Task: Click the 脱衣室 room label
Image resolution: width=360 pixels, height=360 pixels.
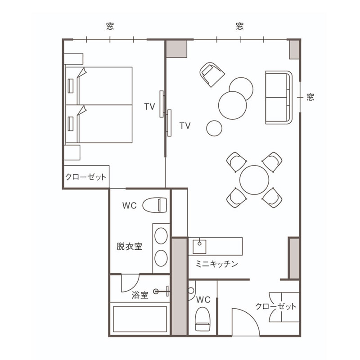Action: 129,247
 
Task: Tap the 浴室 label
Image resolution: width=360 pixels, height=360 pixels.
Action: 140,295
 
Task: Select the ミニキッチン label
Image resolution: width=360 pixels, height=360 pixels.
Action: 217,264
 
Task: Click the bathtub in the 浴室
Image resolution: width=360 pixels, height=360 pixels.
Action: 140,319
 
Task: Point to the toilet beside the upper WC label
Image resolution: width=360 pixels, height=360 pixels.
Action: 155,205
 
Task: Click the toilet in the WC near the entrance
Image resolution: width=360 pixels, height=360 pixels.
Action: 202,319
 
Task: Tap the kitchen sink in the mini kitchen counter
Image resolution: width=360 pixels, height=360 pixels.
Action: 199,246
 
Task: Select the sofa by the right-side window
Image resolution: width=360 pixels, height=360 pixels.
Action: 279,98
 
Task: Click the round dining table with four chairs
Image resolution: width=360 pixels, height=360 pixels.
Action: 254,180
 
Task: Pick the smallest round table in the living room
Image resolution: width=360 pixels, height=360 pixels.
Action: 214,128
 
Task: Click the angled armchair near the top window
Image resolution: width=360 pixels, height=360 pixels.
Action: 212,74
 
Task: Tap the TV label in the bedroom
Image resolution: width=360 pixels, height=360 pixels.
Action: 149,107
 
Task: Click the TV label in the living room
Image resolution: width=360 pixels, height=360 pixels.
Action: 185,126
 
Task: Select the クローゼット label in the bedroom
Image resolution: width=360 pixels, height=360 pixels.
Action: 86,177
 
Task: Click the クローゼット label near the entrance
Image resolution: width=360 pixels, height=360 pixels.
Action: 276,306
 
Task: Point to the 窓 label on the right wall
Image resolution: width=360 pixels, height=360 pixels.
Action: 310,97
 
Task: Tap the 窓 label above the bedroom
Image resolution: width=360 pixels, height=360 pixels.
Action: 110,26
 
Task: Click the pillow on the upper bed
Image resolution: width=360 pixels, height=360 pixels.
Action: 71,86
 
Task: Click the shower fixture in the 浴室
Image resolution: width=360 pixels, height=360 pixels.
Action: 162,291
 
